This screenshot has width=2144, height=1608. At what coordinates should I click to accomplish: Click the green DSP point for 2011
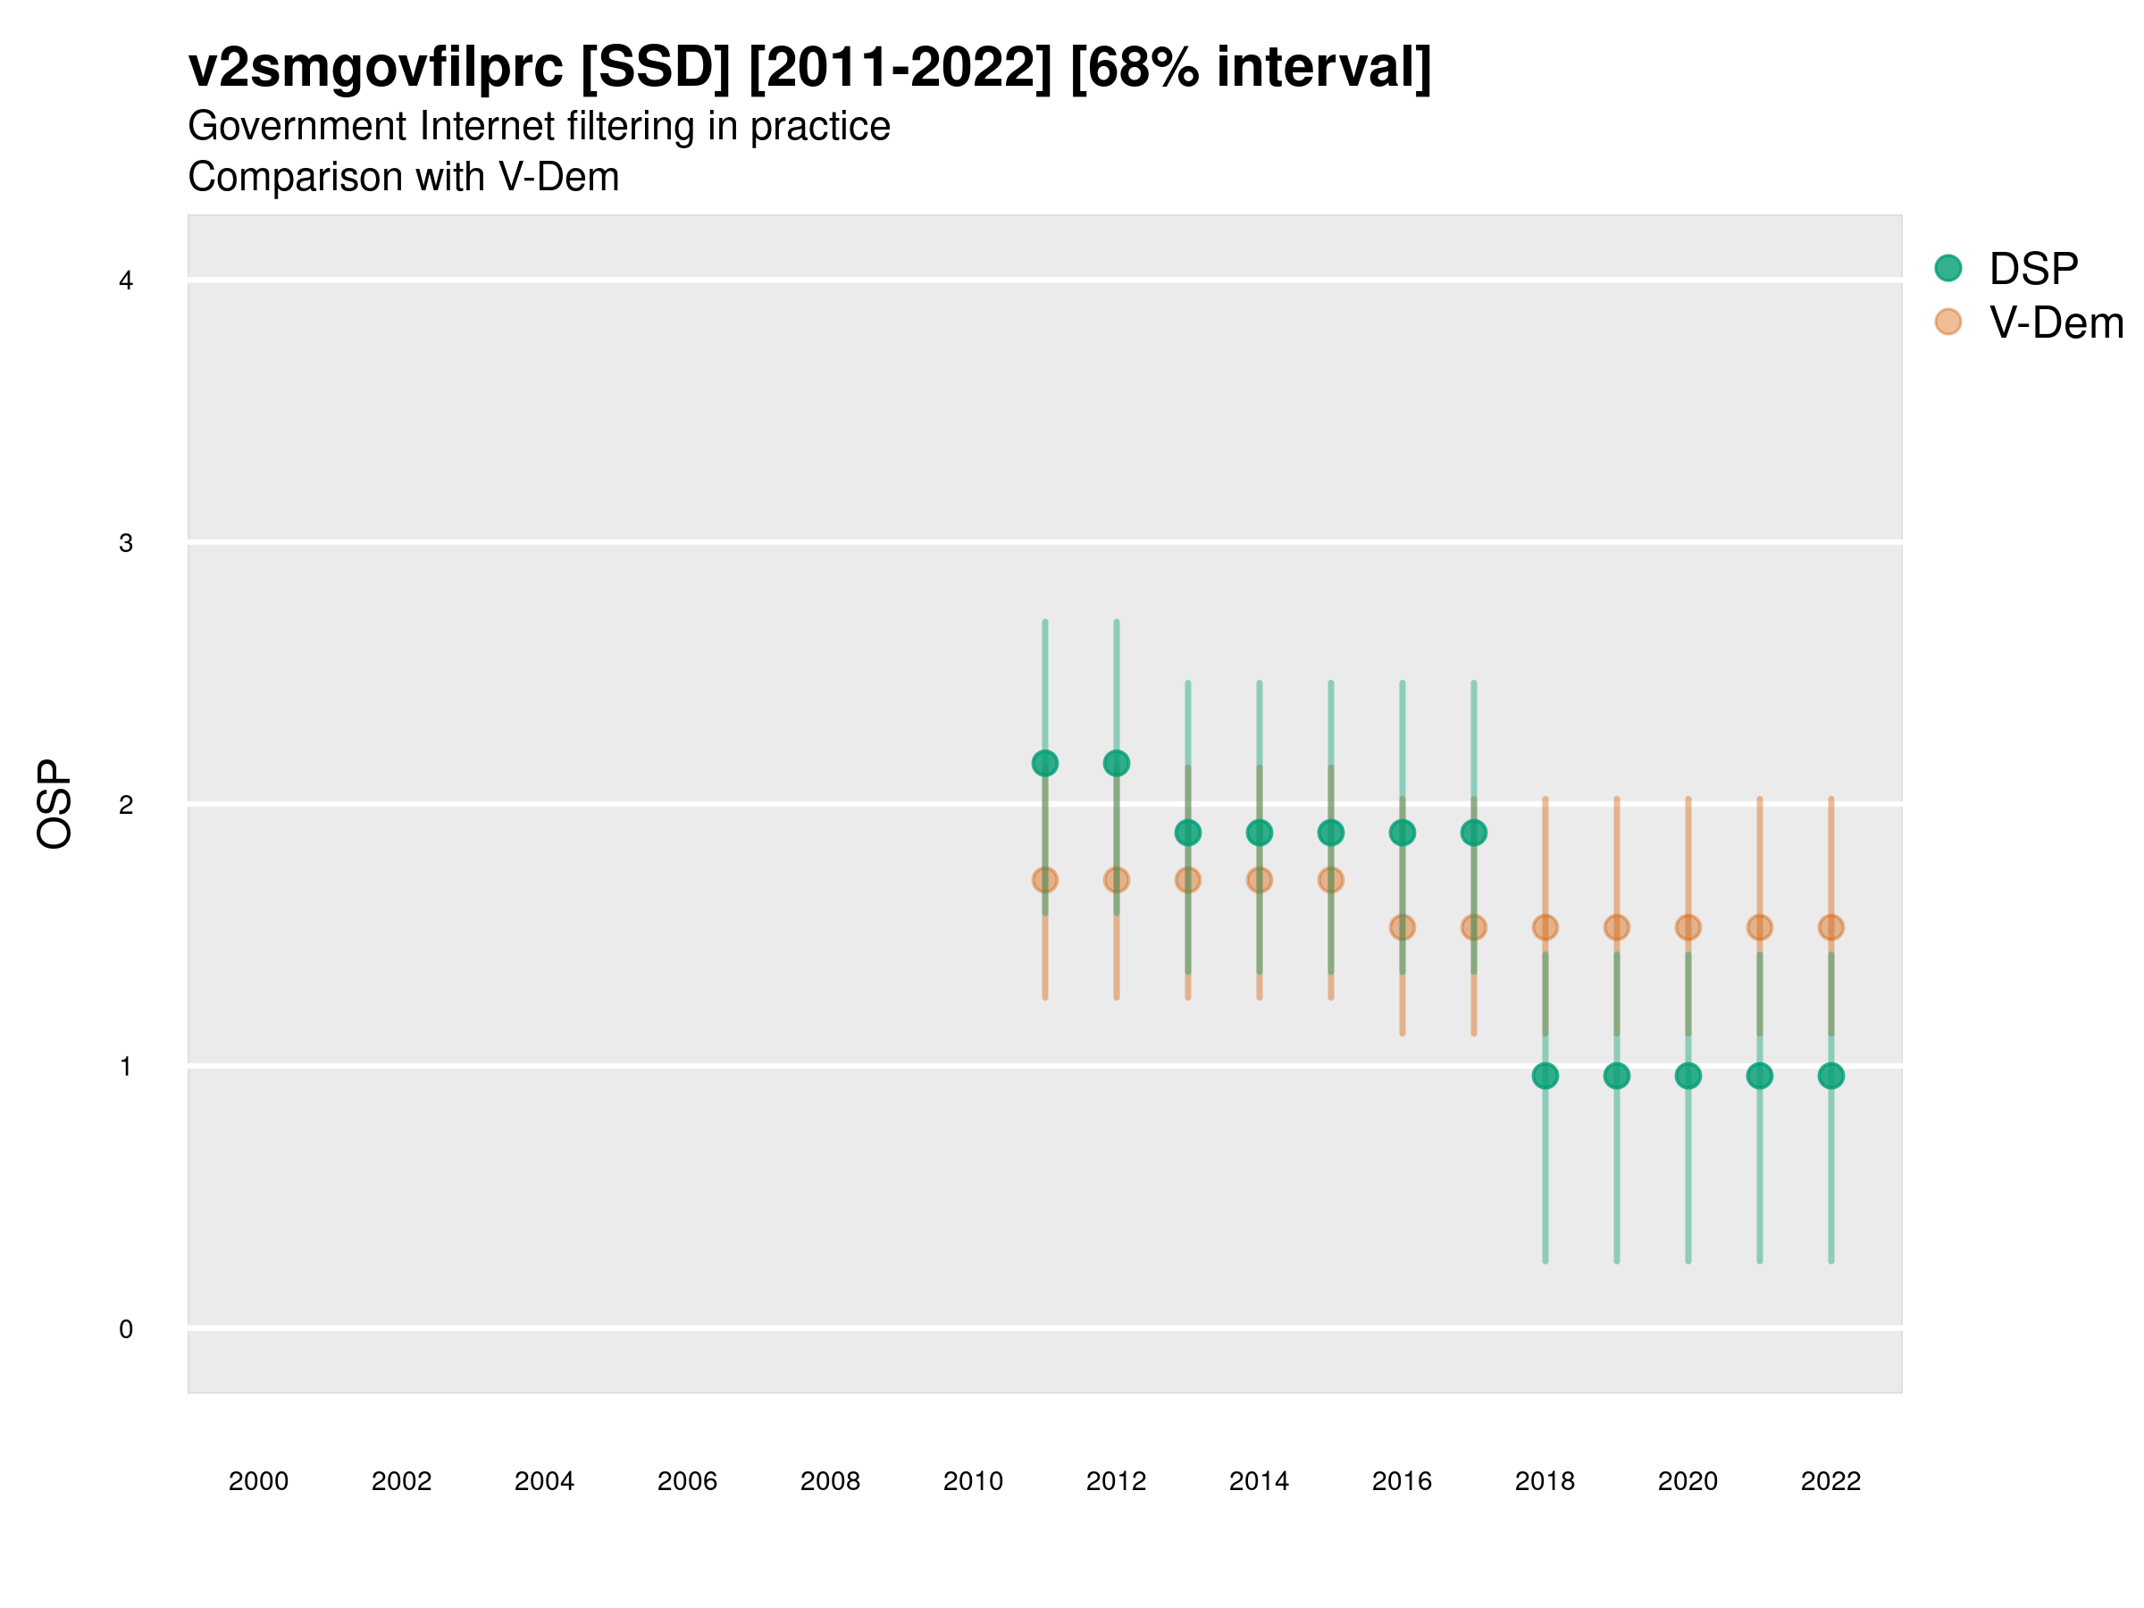coord(1045,764)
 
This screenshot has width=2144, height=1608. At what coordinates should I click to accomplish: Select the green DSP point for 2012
coord(1117,764)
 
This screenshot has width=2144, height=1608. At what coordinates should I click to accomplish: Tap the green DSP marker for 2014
coord(1259,833)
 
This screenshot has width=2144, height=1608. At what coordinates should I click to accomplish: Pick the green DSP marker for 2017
coord(1473,833)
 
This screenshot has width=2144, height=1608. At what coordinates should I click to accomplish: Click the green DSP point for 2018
coord(1545,1076)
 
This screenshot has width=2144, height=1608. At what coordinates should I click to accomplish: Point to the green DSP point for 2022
coord(1831,1076)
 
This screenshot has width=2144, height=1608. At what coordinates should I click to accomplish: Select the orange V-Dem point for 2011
coord(1045,880)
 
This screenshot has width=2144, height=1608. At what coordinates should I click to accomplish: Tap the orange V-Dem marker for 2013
coord(1187,880)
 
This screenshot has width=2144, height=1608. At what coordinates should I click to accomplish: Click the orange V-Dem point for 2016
coord(1402,927)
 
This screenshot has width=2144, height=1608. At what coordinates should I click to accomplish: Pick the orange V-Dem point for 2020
coord(1688,927)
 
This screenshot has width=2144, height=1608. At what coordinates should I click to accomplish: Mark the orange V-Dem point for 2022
coord(1831,927)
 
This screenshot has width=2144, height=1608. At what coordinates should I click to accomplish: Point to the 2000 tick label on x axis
coord(258,1482)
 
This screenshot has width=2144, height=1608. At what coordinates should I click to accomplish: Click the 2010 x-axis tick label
coord(973,1482)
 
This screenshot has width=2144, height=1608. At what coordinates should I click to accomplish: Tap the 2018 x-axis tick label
coord(1545,1482)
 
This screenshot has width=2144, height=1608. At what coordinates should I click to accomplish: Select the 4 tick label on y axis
coord(126,281)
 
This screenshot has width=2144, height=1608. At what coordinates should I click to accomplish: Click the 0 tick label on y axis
coord(126,1329)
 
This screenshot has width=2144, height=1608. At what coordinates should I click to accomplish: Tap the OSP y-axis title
coord(54,805)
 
